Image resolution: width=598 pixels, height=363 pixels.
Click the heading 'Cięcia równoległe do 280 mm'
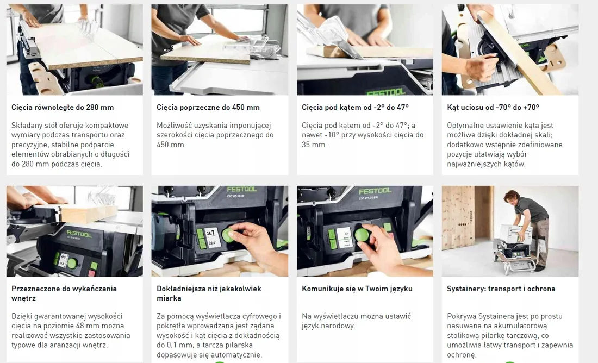[63, 107]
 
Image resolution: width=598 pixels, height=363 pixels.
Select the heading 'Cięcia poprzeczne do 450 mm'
[208, 107]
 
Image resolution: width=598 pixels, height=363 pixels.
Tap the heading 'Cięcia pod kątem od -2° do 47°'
[355, 107]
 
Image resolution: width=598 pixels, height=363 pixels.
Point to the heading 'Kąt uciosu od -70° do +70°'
[493, 107]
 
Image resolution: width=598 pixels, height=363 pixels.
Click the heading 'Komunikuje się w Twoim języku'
[357, 289]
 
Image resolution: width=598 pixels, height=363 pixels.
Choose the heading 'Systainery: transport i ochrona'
[501, 289]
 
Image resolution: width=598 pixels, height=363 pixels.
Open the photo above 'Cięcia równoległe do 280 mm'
[74, 49]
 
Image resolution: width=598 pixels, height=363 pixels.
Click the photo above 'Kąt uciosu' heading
[510, 49]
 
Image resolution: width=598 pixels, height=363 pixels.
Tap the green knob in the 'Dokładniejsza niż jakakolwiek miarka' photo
[228, 235]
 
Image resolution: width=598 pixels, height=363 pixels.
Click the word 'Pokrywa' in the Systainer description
[461, 316]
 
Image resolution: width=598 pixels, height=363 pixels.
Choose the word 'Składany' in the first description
[26, 125]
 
